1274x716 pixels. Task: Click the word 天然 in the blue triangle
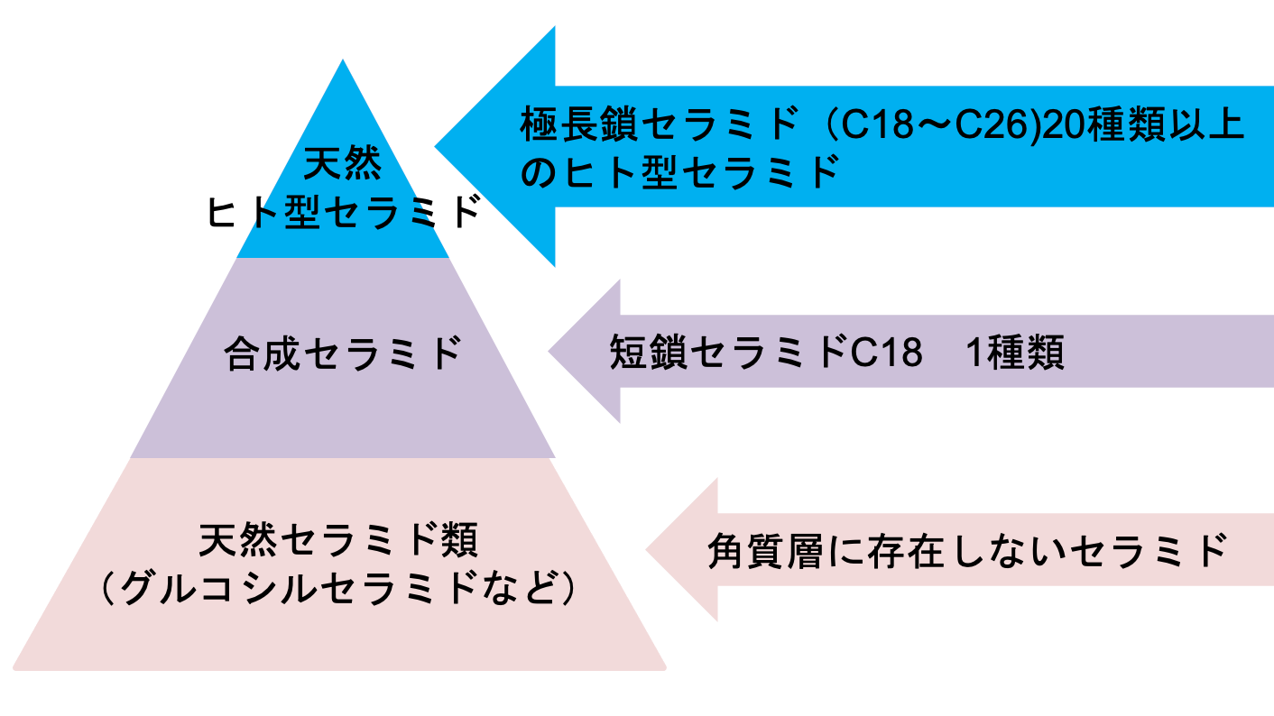[x=342, y=163]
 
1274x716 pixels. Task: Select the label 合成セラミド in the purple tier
[x=342, y=353]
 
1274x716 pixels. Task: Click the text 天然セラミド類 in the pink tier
[x=338, y=540]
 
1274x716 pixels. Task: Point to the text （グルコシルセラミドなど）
[x=338, y=588]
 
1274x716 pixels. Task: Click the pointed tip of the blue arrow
[x=435, y=147]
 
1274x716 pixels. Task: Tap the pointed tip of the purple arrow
[x=549, y=351]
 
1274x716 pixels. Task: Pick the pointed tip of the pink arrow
[x=646, y=549]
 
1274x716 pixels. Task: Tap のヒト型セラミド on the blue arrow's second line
[x=680, y=172]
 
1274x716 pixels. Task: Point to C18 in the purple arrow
[x=886, y=353]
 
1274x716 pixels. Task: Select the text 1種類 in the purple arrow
[x=1016, y=353]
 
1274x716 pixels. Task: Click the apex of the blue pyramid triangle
[x=342, y=60]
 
